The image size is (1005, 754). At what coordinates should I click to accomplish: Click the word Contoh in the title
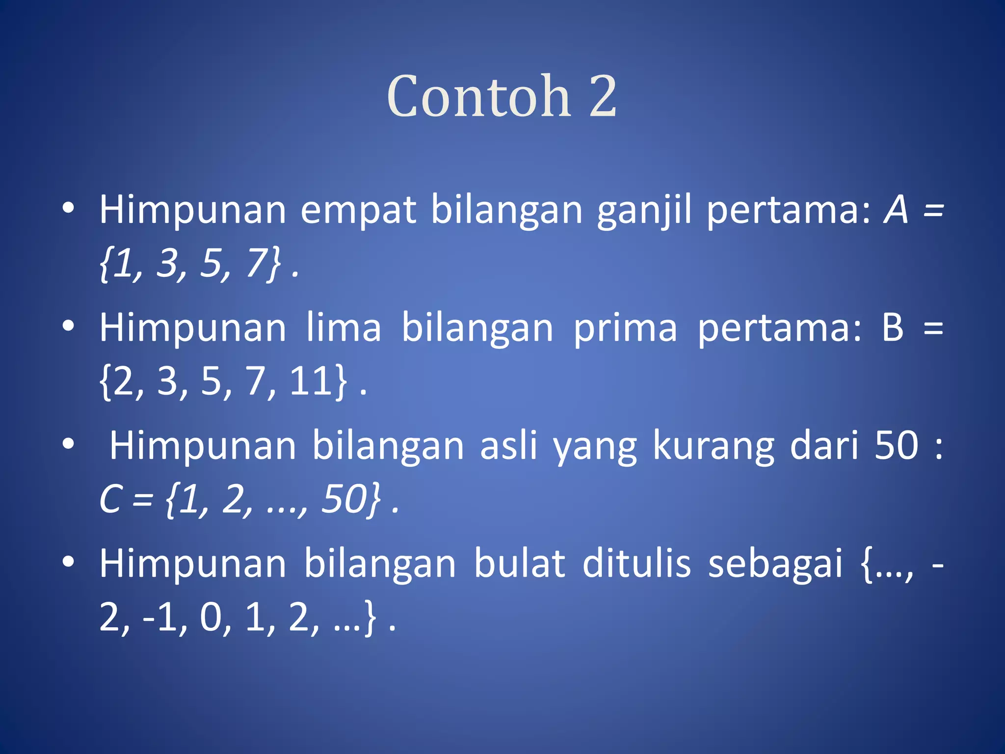[479, 97]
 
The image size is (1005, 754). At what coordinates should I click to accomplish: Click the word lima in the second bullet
[344, 328]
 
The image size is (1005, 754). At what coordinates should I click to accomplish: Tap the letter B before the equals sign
[893, 327]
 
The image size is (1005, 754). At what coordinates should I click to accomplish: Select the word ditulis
[636, 564]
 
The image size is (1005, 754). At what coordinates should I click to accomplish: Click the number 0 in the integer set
[212, 617]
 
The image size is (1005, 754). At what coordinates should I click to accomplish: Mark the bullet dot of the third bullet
[69, 444]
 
